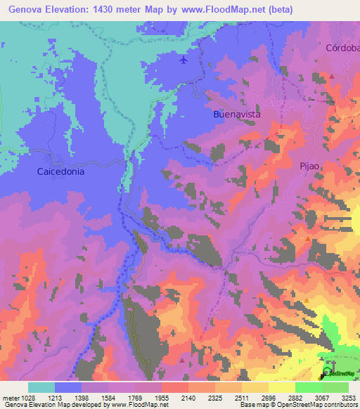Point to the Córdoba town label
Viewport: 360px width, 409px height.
coord(342,48)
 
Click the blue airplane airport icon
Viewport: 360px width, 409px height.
coord(184,60)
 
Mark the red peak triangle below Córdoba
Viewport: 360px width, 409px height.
coord(332,76)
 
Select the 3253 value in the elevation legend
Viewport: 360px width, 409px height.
coord(348,398)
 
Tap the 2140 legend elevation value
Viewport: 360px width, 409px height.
coord(188,398)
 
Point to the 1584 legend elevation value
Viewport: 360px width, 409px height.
coord(108,398)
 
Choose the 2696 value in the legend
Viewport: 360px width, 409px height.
coord(269,398)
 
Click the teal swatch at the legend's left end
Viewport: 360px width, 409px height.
coord(41,387)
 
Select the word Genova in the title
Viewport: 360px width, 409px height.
coord(26,9)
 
